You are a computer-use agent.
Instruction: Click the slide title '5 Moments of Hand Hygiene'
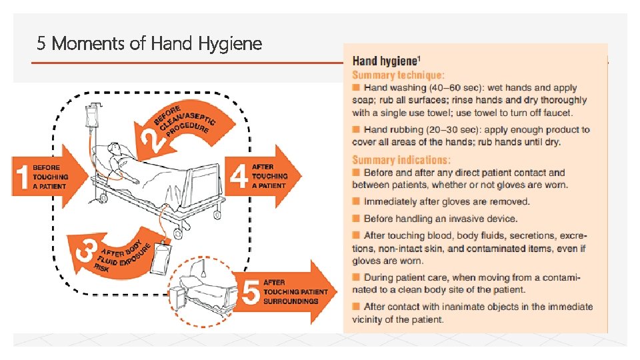(x=149, y=45)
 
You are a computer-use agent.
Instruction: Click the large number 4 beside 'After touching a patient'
(x=239, y=177)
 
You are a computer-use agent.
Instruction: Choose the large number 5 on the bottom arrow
(x=251, y=292)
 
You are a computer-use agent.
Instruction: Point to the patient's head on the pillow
(x=113, y=149)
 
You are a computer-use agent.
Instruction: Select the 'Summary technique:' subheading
(x=399, y=75)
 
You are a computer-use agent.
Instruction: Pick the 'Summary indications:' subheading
(x=401, y=160)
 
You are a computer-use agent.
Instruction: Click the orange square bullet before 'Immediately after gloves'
(x=357, y=201)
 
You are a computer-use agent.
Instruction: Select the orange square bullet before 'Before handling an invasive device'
(x=357, y=219)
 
